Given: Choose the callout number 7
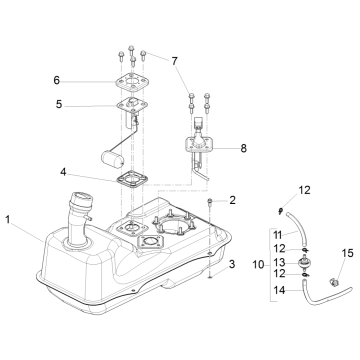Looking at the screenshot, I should coord(176,60).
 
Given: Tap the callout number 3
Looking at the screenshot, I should coord(233,265).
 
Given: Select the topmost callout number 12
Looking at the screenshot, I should coord(306,190).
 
